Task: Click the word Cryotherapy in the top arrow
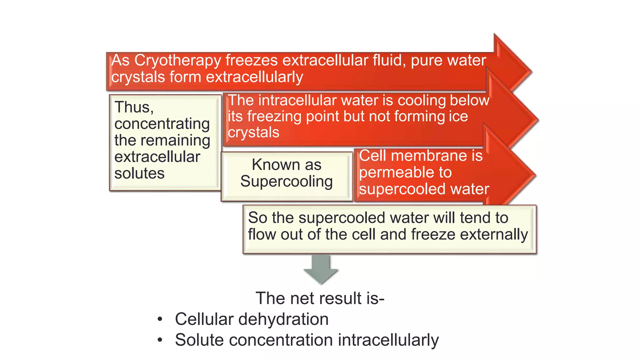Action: click(x=177, y=60)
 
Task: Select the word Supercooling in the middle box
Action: click(x=286, y=182)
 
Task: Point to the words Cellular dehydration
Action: click(x=252, y=319)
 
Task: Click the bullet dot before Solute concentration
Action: click(x=160, y=340)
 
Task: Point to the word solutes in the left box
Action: click(x=139, y=173)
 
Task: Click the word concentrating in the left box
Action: click(x=162, y=124)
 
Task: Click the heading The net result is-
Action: click(x=320, y=298)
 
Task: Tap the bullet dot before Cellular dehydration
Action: click(x=160, y=319)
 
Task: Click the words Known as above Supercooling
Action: click(x=286, y=165)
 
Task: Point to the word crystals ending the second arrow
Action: click(x=253, y=132)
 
